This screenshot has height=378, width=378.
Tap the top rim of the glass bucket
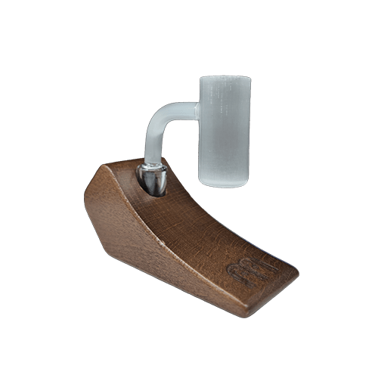tap(225, 77)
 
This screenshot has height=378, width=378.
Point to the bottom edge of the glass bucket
tap(225, 184)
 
